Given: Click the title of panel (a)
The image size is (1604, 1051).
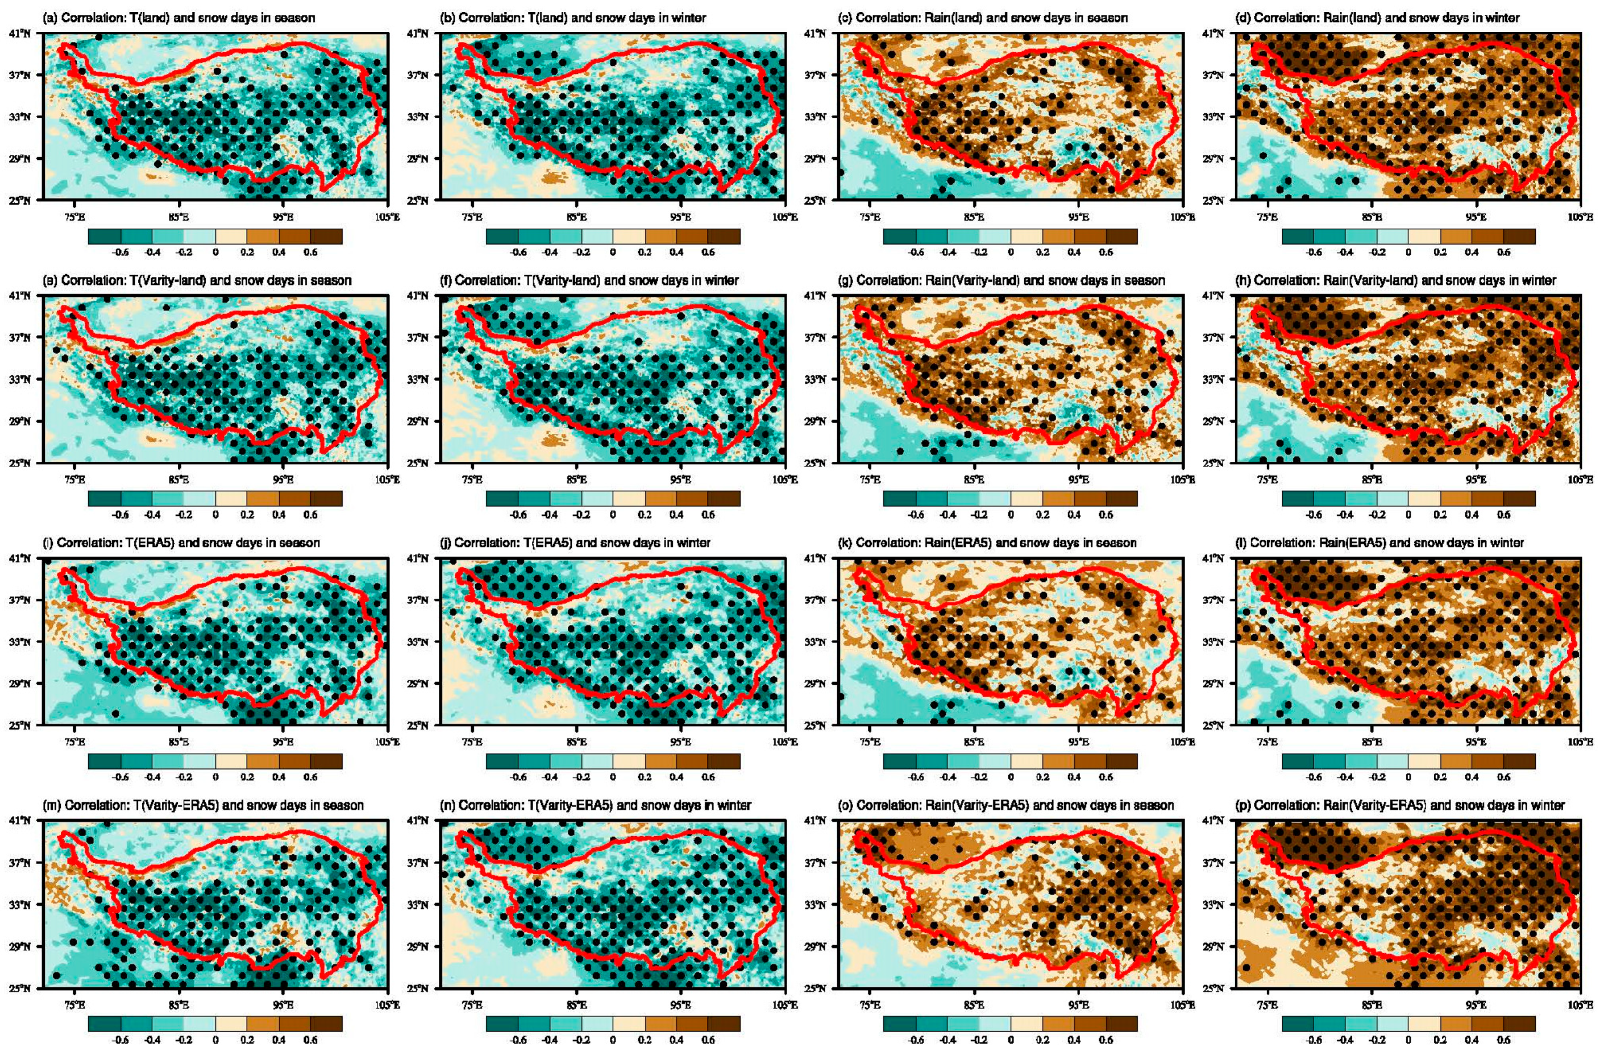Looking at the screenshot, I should pyautogui.click(x=178, y=18).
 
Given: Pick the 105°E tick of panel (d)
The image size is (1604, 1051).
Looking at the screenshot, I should pyautogui.click(x=1579, y=217).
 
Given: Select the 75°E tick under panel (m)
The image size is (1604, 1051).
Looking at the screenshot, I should pyautogui.click(x=75, y=1005).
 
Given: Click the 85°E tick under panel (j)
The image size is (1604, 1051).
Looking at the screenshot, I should pyautogui.click(x=577, y=742).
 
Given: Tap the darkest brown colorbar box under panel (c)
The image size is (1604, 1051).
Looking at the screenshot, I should pyautogui.click(x=1121, y=236).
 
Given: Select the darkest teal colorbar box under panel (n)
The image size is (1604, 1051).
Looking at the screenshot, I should pyautogui.click(x=502, y=1023).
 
